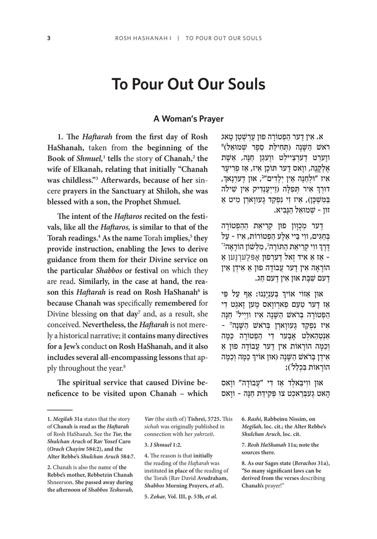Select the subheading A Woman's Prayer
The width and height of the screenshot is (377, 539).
tap(188, 118)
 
